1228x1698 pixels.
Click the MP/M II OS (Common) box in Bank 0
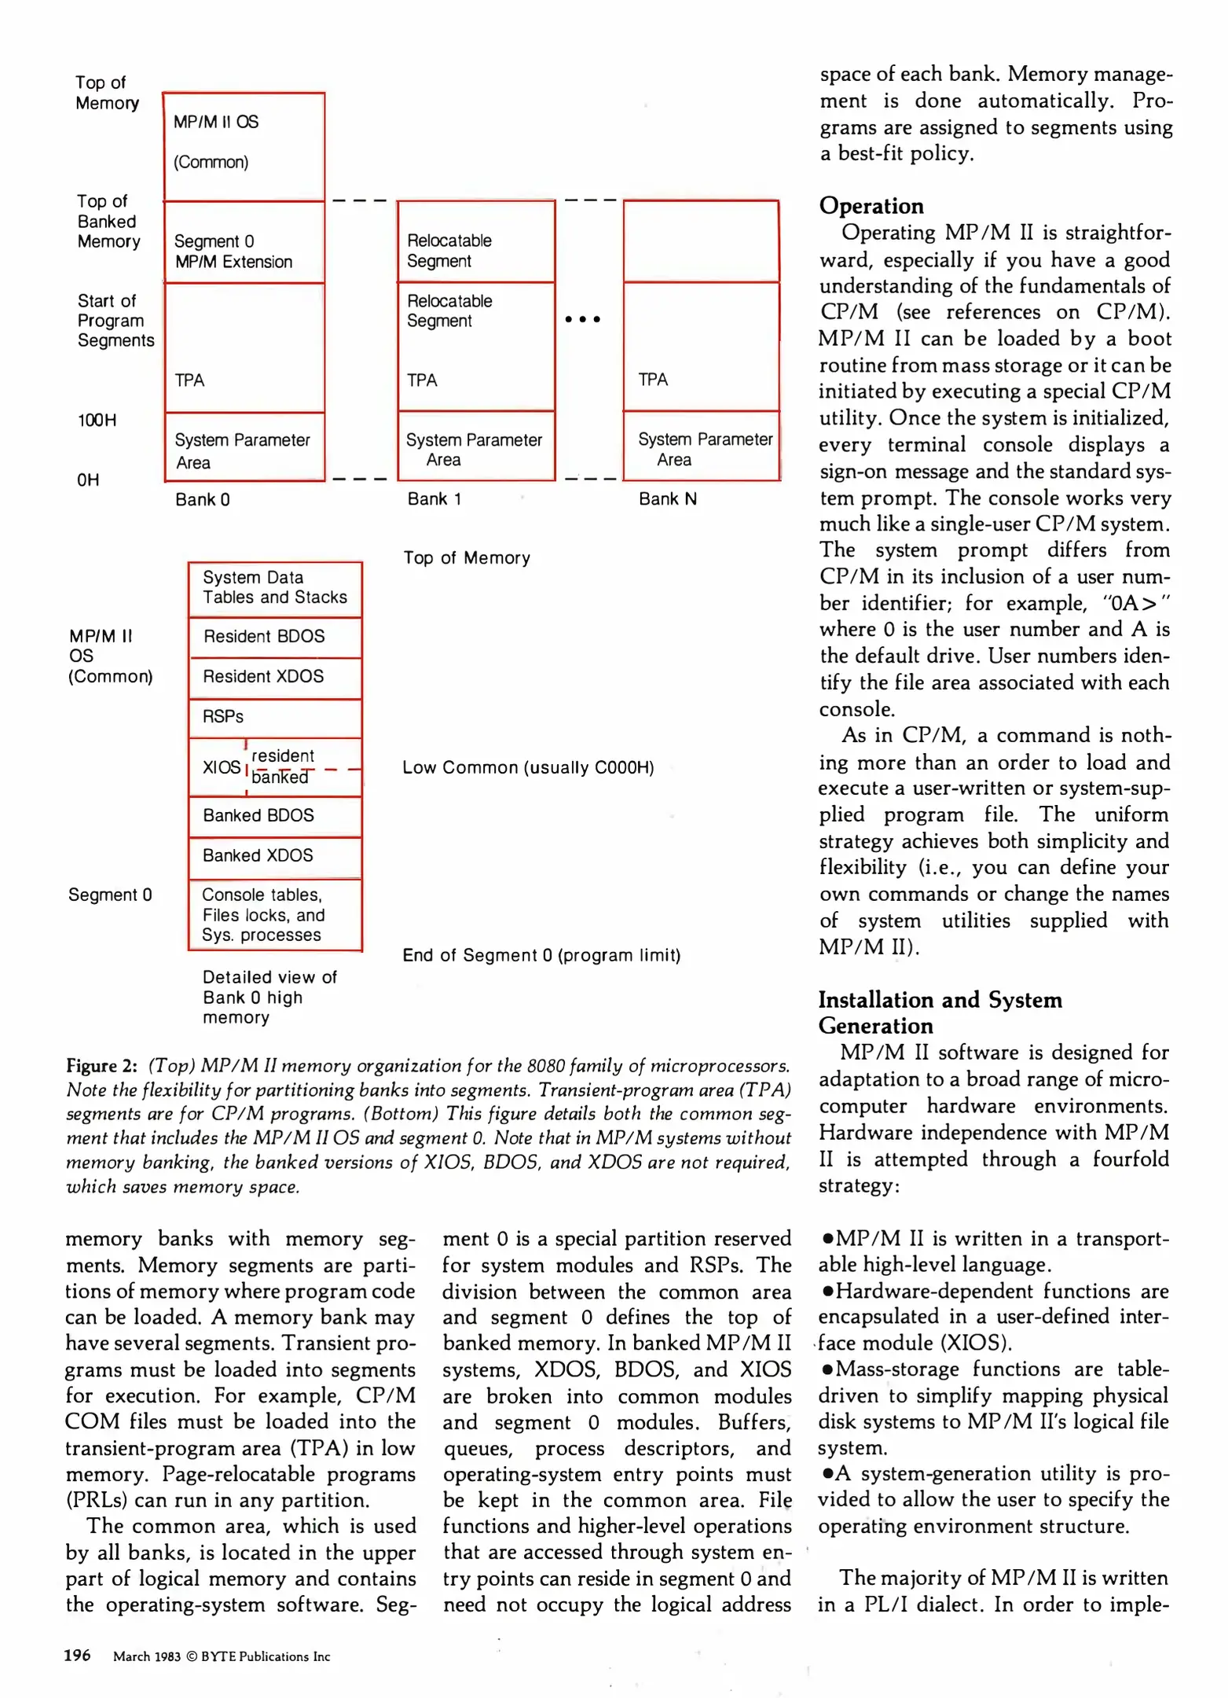pos(244,146)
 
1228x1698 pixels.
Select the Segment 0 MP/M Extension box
pos(244,242)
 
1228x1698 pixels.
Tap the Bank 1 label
pos(434,499)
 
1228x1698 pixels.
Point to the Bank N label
pos(667,499)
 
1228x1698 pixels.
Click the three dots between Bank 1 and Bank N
pos(582,319)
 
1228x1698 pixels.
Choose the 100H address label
pos(96,421)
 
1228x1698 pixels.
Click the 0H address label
pos(87,480)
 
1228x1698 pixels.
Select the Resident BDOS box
pos(274,637)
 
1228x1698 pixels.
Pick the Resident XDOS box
pos(274,677)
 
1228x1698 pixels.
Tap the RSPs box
pos(274,717)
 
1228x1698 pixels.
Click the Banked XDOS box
pos(274,856)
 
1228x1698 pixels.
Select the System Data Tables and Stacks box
pos(274,588)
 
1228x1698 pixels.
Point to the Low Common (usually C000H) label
pos(528,768)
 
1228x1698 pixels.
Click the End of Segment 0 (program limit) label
pos(541,956)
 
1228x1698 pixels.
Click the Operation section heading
pos(871,206)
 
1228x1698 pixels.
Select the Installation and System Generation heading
pos(940,1013)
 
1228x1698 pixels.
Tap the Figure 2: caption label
pos(101,1066)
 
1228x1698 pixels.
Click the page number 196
pos(77,1656)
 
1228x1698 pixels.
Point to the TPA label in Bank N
pos(653,380)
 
